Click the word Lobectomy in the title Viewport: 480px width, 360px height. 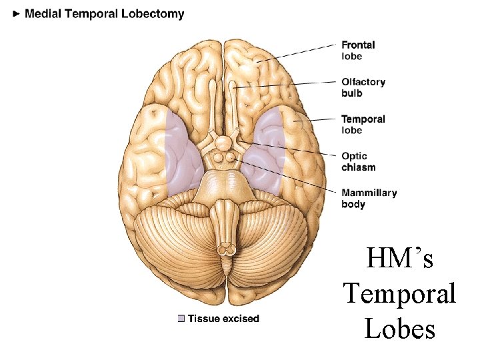coord(153,14)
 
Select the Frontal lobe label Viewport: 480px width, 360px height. coord(358,51)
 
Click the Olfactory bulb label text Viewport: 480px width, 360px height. coord(363,87)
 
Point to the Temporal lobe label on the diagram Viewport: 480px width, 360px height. coord(363,124)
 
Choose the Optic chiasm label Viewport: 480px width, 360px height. coord(359,161)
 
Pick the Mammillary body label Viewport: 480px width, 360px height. coord(369,198)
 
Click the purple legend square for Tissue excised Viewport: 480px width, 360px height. coord(181,319)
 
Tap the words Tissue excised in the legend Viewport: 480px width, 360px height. coord(223,319)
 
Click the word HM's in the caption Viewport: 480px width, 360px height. coord(399,259)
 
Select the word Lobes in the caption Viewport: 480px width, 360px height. coord(399,329)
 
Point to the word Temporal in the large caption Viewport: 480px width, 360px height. coord(399,293)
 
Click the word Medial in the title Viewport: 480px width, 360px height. coord(43,14)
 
